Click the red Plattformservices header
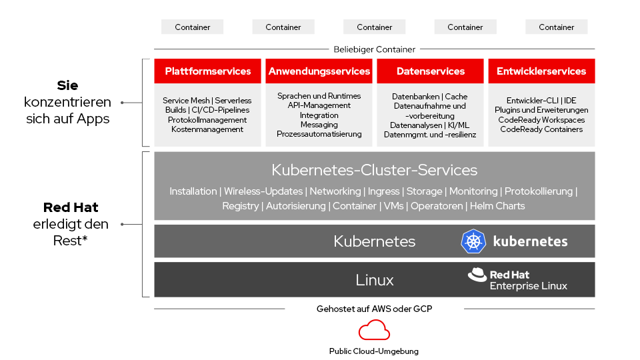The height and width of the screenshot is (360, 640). coord(208,71)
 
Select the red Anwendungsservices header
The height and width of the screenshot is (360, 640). coord(319,71)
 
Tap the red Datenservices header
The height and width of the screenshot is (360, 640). coord(430,71)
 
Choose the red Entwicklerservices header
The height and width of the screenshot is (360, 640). coord(541,71)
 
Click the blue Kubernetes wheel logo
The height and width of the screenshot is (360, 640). coord(473,241)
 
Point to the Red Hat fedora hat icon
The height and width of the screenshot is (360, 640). coord(477,275)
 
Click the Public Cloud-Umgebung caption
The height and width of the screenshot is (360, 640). coord(374,351)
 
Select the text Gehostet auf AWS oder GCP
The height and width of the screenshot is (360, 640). coord(374,309)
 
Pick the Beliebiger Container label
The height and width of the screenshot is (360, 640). coord(374,49)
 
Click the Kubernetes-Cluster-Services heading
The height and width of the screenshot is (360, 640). coord(374,170)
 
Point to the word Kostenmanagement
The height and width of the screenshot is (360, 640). coord(207,129)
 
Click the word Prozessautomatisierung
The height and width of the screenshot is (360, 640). coord(319,134)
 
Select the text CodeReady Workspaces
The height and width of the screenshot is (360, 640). coord(541,120)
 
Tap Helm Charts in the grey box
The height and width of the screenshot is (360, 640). coord(497,206)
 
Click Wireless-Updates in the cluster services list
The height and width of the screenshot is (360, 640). coord(264,191)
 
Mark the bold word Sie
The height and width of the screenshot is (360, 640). coord(67,86)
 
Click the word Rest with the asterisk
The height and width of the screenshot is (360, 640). coord(70,241)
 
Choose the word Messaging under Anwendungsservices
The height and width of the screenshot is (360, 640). coord(319,125)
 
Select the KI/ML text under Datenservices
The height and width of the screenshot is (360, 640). coord(458,125)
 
